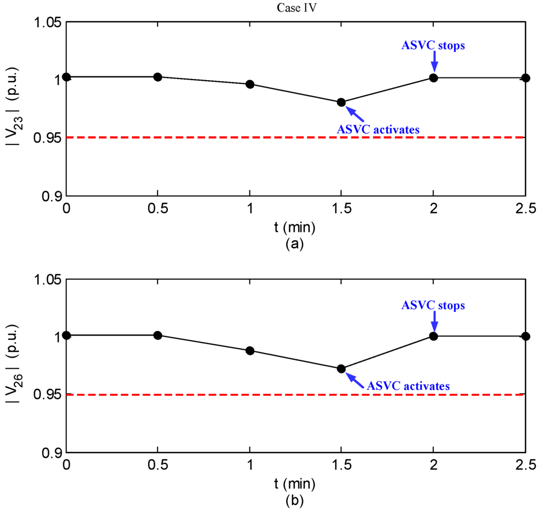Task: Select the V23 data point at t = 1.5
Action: point(341,102)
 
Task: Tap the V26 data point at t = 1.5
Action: point(341,369)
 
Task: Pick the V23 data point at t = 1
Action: point(250,84)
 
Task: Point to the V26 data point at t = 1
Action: point(250,351)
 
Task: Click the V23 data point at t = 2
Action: point(433,78)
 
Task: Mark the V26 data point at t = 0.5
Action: point(157,335)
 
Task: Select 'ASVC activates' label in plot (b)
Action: point(409,386)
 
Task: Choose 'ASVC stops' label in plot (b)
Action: point(433,305)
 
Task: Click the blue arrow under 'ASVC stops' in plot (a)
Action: point(434,62)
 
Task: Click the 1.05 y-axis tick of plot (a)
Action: point(46,23)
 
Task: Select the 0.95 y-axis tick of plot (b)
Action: point(46,395)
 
